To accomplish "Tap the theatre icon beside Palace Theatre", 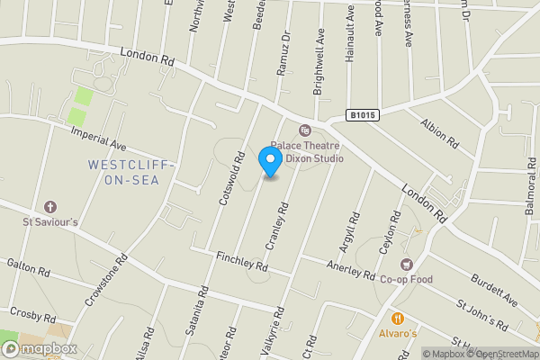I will (304, 130).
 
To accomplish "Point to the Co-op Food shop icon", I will (406, 265).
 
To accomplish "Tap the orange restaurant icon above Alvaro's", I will (397, 318).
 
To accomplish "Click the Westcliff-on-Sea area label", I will (132, 172).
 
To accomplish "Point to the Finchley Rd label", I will (242, 262).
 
